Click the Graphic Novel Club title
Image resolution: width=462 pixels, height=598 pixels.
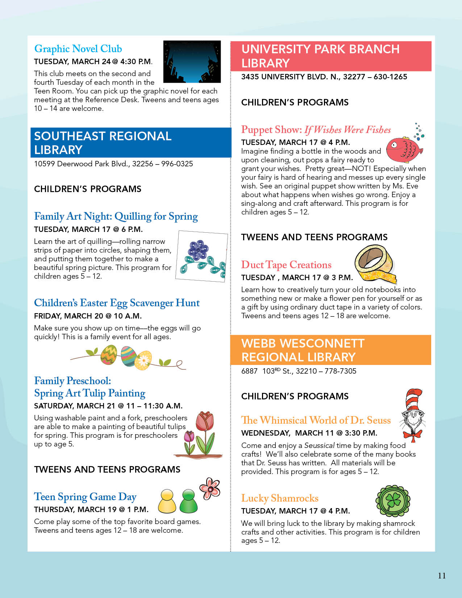(78, 49)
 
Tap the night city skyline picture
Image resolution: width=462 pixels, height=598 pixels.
(192, 61)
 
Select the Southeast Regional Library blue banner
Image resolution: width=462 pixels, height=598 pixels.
(130, 142)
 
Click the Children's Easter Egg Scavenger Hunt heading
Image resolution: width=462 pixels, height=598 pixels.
(117, 303)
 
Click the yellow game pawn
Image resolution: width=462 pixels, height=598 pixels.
(167, 502)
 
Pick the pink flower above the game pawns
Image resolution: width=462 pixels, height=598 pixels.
(210, 488)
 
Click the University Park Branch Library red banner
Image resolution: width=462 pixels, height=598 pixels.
(330, 56)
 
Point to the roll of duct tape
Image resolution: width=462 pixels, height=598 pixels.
(375, 263)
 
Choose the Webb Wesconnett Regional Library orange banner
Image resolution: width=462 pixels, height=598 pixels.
(330, 350)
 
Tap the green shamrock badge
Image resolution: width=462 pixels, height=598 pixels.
(393, 501)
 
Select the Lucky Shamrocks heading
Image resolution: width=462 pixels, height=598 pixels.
(280, 498)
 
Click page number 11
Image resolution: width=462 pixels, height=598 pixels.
(442, 576)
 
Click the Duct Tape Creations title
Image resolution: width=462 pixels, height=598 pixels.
(286, 265)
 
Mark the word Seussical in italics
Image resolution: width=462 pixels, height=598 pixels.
(319, 445)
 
